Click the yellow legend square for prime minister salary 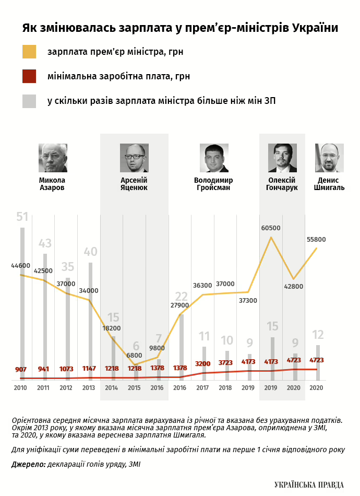[29, 52]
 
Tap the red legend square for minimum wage [29, 76]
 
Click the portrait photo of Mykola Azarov [53, 158]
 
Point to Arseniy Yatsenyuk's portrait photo [134, 158]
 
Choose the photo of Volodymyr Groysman [214, 158]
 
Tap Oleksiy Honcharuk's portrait [282, 158]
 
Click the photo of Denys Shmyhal [329, 158]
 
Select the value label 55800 [316, 240]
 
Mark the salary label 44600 [21, 266]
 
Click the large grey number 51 [22, 217]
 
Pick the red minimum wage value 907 [21, 370]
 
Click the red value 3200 [203, 363]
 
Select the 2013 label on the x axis [89, 388]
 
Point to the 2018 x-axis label [225, 388]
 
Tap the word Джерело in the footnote [28, 464]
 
